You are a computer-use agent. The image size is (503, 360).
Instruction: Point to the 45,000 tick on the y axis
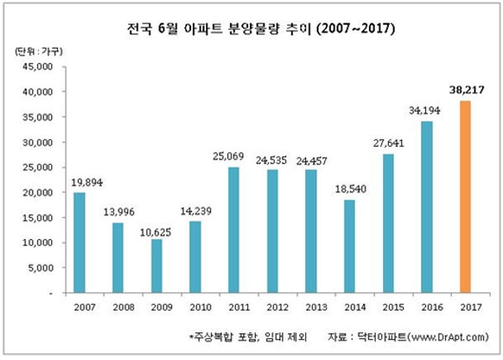[x=37, y=66]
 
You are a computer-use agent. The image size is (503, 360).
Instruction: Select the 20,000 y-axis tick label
[x=37, y=193]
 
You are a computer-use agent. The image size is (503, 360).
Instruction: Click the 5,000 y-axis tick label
[x=39, y=269]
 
